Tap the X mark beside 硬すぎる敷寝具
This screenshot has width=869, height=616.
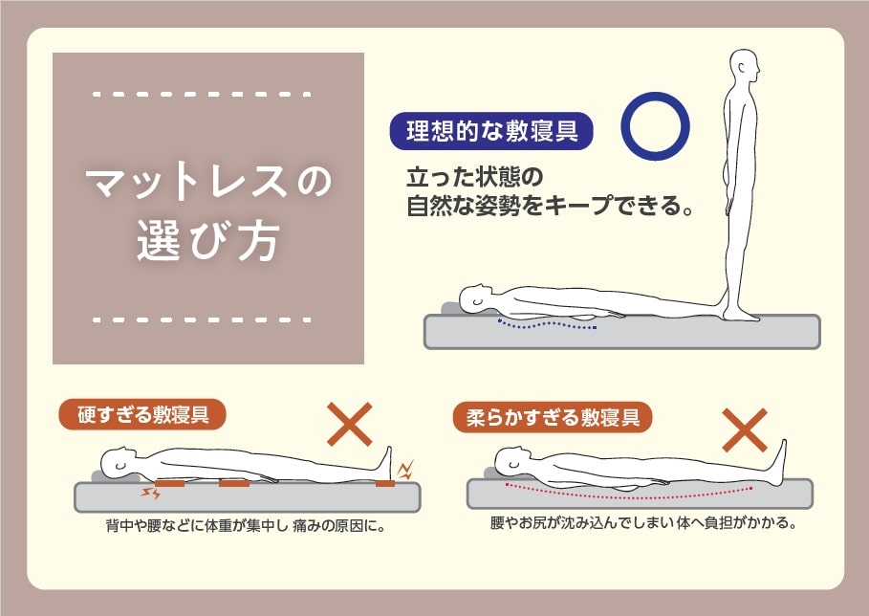(350, 424)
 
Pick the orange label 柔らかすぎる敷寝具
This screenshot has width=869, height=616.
(553, 417)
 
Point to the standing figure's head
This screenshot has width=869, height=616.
(745, 68)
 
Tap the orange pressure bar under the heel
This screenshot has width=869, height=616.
(385, 485)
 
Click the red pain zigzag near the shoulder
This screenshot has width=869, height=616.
(151, 494)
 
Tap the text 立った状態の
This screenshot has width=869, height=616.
(475, 178)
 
